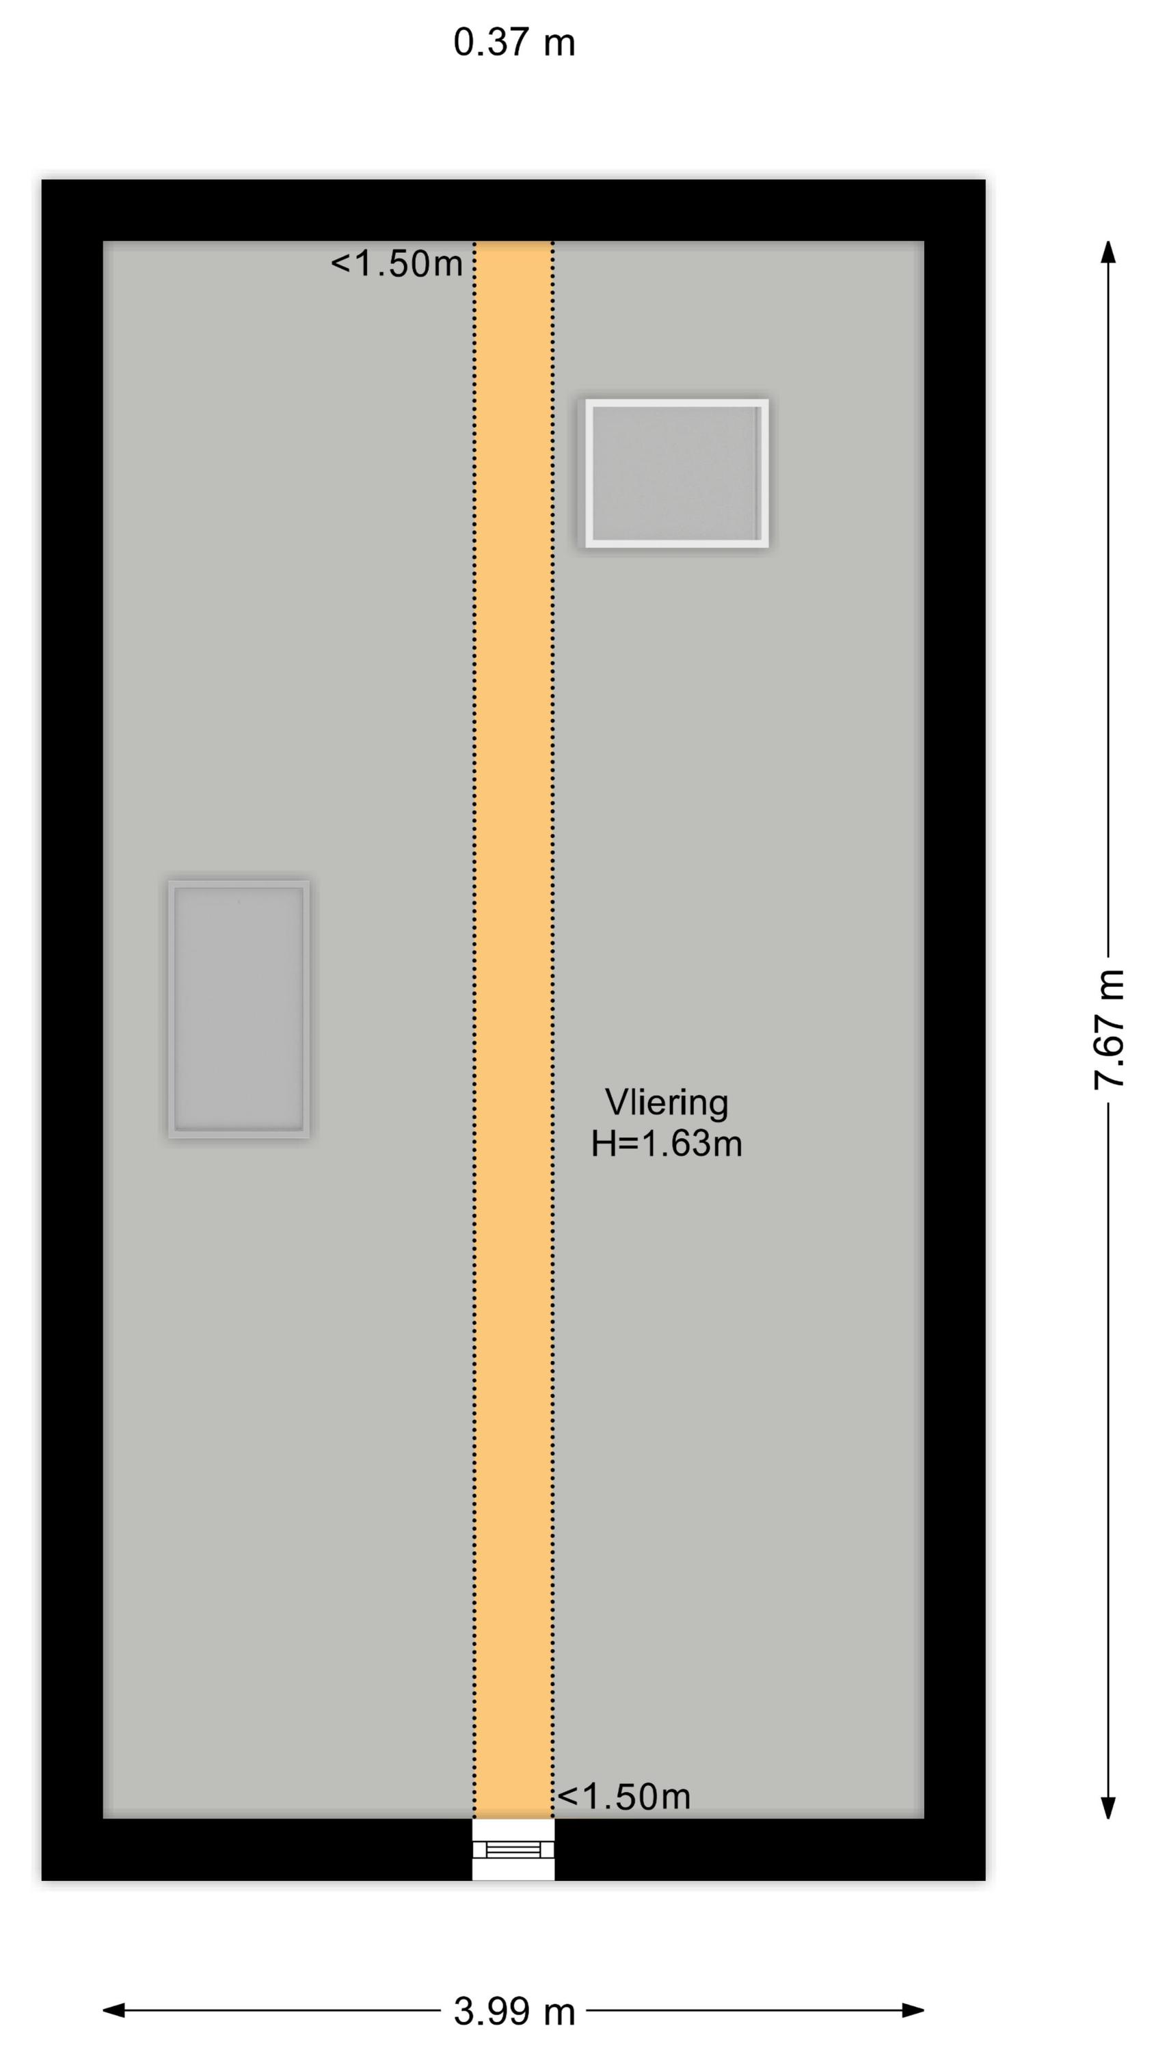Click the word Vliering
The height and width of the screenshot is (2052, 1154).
click(667, 1103)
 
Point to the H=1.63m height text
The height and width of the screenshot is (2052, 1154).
click(667, 1144)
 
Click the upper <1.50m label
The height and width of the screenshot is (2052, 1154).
click(397, 263)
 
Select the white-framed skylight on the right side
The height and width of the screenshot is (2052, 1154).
click(677, 473)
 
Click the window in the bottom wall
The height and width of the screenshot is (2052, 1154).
click(513, 1849)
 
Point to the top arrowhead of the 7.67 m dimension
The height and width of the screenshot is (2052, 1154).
click(1108, 252)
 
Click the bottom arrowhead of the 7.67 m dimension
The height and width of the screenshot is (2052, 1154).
click(1108, 1806)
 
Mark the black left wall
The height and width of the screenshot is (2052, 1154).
click(72, 1030)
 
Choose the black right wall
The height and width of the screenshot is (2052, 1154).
click(955, 1030)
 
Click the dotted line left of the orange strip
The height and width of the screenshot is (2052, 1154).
click(475, 1029)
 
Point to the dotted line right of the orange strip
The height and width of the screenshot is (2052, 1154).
click(552, 1029)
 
